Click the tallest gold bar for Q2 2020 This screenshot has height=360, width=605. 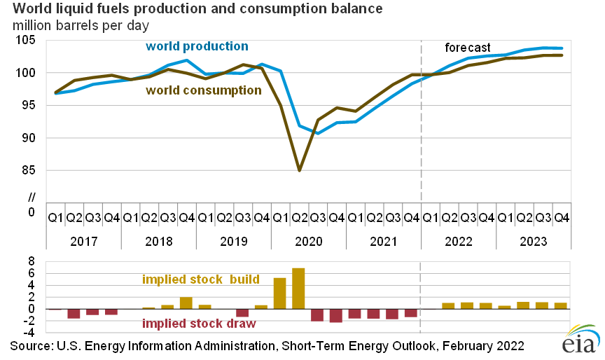pos(298,289)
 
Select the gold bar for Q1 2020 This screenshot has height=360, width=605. pos(279,293)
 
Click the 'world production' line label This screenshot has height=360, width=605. pos(197,46)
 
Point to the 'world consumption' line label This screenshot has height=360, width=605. pos(203,90)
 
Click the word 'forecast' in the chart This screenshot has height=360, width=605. pos(468,48)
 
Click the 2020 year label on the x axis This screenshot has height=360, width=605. pos(307,240)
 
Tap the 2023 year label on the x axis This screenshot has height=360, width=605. pos(534,240)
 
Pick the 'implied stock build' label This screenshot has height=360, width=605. pos(200,279)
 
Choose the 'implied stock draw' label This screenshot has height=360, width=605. pos(198,324)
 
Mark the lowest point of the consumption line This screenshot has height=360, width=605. pos(299,170)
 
